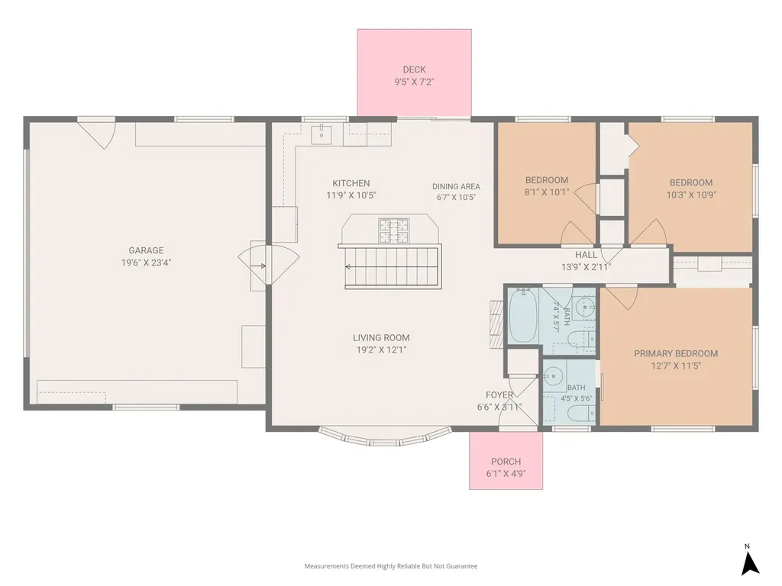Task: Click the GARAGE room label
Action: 146,250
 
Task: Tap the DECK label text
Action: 415,69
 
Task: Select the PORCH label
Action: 506,462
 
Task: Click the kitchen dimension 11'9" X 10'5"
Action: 351,195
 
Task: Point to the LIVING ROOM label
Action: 381,337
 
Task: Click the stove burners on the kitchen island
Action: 393,230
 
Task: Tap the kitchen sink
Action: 322,134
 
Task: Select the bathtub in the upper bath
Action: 522,315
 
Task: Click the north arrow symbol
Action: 750,564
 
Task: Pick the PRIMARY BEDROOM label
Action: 676,353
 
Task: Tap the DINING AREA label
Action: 456,186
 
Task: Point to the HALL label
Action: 586,255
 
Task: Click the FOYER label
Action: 499,394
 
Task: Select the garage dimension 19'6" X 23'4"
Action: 146,262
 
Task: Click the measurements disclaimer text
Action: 391,566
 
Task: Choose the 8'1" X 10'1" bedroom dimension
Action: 547,192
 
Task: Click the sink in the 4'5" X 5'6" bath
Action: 553,375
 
